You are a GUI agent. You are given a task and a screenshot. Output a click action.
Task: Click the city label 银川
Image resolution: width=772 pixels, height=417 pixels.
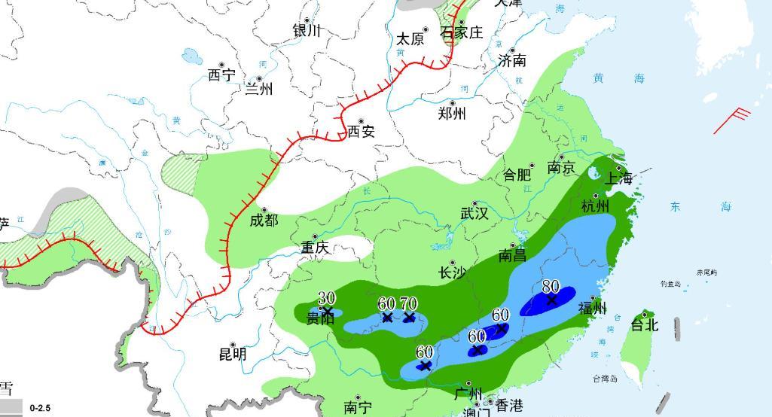(307, 31)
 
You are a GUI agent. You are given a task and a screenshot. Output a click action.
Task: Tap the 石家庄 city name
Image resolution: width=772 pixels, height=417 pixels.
(461, 34)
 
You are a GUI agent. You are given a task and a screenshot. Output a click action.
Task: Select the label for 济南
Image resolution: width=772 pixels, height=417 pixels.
(511, 61)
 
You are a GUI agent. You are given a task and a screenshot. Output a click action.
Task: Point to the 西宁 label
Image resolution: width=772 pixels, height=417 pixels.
(221, 75)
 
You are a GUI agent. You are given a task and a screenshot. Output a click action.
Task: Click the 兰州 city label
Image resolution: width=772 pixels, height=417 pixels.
(259, 90)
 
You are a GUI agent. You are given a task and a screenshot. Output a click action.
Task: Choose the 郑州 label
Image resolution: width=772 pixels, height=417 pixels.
(452, 114)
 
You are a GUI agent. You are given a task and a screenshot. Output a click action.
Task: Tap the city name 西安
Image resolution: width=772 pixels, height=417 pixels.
(361, 132)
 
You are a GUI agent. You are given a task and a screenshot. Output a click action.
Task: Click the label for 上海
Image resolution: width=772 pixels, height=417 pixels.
(618, 178)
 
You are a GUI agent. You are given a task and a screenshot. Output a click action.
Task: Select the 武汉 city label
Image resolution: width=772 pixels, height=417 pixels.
(474, 214)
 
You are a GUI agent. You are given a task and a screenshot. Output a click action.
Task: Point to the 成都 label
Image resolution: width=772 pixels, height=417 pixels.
(264, 221)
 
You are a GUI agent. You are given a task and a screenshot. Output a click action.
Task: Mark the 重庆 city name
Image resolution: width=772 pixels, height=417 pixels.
(315, 248)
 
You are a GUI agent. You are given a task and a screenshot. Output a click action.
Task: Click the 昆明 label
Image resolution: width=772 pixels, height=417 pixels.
(233, 354)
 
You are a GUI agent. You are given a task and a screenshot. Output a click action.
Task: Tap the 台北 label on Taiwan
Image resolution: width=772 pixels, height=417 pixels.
(644, 325)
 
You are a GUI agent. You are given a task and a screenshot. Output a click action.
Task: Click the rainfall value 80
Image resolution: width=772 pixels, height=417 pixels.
(551, 287)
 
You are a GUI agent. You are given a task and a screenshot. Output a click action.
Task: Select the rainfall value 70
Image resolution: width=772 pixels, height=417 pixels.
(408, 304)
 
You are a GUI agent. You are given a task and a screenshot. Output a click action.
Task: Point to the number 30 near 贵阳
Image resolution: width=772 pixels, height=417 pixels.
(326, 298)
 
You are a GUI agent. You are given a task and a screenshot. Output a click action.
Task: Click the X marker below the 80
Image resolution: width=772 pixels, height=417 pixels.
(551, 300)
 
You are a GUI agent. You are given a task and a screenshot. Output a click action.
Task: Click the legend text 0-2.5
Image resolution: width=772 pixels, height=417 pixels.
(40, 409)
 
